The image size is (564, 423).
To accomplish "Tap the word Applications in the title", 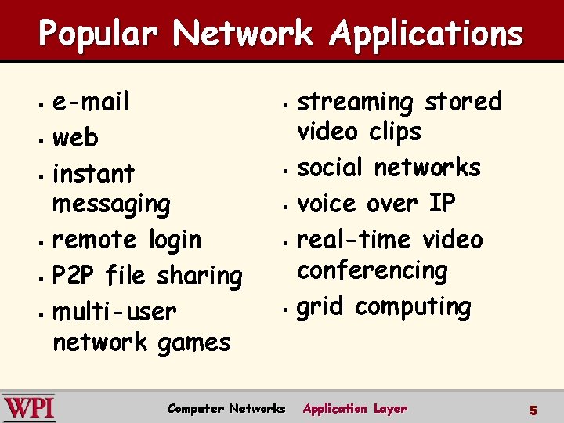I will click(426, 34).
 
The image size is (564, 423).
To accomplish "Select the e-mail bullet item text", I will click(90, 102).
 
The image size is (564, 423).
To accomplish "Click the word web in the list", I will click(75, 138).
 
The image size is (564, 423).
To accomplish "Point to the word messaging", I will click(110, 204).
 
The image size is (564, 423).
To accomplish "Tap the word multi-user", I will click(114, 311).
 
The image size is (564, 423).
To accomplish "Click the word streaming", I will click(356, 102).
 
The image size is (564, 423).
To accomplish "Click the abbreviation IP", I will click(442, 203).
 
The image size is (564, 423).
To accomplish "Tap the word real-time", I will click(356, 239).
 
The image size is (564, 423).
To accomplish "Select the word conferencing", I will click(372, 270).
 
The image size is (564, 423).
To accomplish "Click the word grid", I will click(320, 306).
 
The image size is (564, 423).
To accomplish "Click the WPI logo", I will click(29, 408).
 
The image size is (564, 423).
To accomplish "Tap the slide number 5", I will click(533, 410).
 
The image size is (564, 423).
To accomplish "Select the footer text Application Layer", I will click(355, 408).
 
